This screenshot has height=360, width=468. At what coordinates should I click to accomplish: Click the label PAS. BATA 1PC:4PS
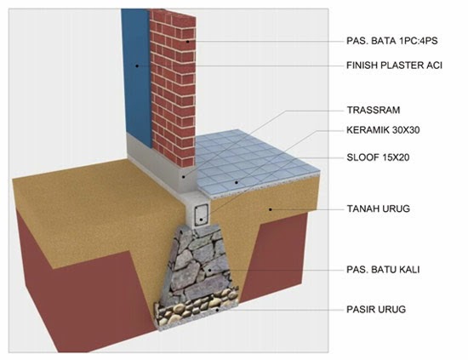[x=392, y=41]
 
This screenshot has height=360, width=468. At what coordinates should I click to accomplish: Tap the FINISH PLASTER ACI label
[x=394, y=65]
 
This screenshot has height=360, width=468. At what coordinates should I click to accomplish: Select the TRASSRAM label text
[x=374, y=110]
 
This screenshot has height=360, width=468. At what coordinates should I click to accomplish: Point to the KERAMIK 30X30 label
[x=383, y=130]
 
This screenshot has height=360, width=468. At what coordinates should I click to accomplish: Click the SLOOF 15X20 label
[x=378, y=157]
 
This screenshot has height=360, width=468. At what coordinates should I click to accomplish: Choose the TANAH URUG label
[x=379, y=209]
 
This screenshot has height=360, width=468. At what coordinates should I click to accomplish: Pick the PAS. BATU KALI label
[x=383, y=270]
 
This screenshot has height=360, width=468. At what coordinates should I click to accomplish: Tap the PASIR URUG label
[x=376, y=309]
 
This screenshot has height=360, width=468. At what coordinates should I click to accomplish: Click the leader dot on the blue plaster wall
[x=137, y=66]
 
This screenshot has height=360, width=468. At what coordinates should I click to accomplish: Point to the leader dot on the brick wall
[x=188, y=41]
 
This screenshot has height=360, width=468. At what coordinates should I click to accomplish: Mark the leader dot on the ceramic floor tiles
[x=237, y=182]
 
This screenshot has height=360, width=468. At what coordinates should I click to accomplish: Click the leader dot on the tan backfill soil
[x=271, y=209]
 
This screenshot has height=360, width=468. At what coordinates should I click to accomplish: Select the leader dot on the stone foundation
[x=210, y=270]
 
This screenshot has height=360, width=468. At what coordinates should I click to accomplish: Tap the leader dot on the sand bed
[x=218, y=310]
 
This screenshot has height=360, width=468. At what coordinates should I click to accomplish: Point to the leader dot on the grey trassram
[x=184, y=177]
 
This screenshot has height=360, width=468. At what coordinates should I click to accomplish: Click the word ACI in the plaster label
[x=434, y=65]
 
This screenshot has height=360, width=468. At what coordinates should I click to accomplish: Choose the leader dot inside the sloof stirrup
[x=202, y=220]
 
